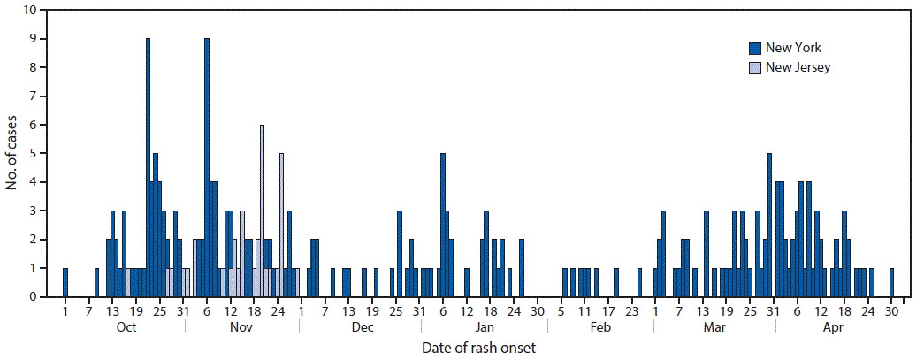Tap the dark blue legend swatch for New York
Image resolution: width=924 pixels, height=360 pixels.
click(754, 48)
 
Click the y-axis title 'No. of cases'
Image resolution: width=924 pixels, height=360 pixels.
click(11, 153)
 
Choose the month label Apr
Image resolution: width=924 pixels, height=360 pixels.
click(832, 327)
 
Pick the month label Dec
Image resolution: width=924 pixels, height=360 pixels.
click(362, 327)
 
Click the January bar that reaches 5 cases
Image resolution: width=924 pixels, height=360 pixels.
click(443, 226)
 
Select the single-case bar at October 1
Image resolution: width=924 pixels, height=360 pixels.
click(65, 283)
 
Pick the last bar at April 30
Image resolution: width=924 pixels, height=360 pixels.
click(891, 283)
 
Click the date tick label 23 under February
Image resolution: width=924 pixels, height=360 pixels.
click(631, 310)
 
